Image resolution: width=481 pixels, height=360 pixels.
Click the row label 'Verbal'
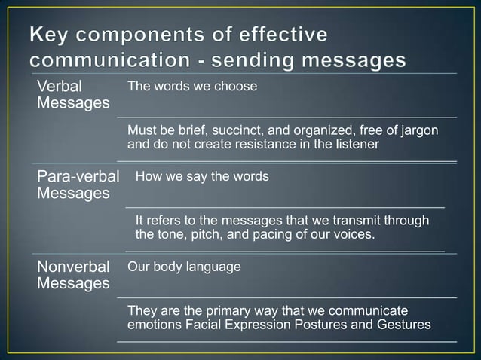(60, 87)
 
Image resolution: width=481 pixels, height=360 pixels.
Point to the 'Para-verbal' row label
(78, 178)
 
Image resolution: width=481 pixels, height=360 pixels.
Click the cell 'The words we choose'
(192, 87)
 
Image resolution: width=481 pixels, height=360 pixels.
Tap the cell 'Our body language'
(185, 267)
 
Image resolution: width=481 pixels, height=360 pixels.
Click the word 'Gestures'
(405, 325)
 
